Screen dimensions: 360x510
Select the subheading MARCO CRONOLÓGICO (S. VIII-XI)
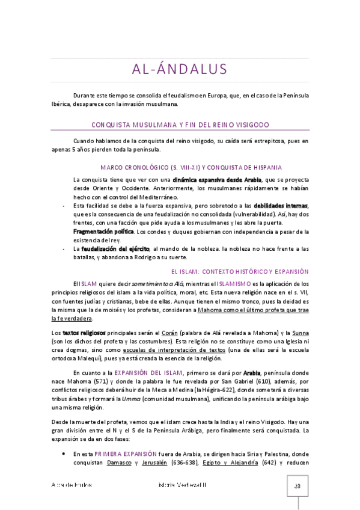181,167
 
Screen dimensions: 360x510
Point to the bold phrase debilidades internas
281,206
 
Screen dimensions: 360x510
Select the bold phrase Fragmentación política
103,232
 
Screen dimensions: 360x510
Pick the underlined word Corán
169,333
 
